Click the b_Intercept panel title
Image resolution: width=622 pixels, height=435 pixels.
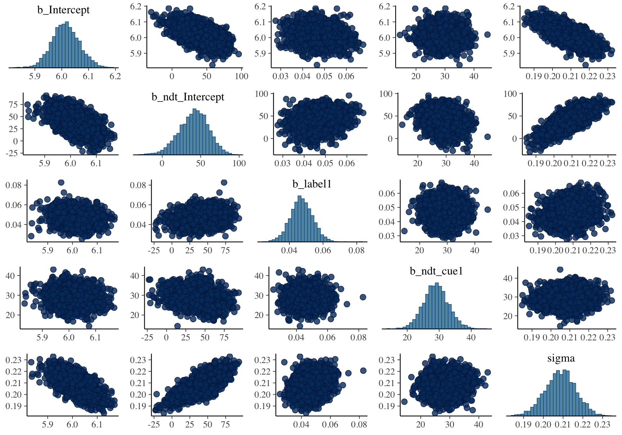click(63, 10)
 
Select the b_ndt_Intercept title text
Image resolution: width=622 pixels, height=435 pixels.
click(188, 97)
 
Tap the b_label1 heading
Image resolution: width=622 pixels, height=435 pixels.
click(312, 184)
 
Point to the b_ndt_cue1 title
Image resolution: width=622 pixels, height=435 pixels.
click(436, 271)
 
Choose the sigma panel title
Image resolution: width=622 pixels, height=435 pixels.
click(561, 358)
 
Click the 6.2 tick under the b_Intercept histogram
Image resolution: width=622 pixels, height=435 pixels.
click(115, 76)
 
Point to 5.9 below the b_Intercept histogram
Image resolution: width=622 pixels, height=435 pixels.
click(35, 76)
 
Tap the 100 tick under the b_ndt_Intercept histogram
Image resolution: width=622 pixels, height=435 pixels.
click(239, 163)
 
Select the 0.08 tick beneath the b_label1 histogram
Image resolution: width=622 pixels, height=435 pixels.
click(356, 250)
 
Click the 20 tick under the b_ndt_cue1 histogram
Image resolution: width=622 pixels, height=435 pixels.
click(407, 337)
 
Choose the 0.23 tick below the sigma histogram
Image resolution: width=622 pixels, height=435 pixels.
click(602, 425)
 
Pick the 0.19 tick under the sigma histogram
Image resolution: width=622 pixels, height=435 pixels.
click(523, 425)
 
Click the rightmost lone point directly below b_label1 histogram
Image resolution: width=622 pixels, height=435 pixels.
click(363, 297)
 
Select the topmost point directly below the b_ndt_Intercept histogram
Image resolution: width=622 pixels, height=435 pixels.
click(224, 182)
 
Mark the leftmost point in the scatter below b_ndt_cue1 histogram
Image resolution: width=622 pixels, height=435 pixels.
click(404, 402)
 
